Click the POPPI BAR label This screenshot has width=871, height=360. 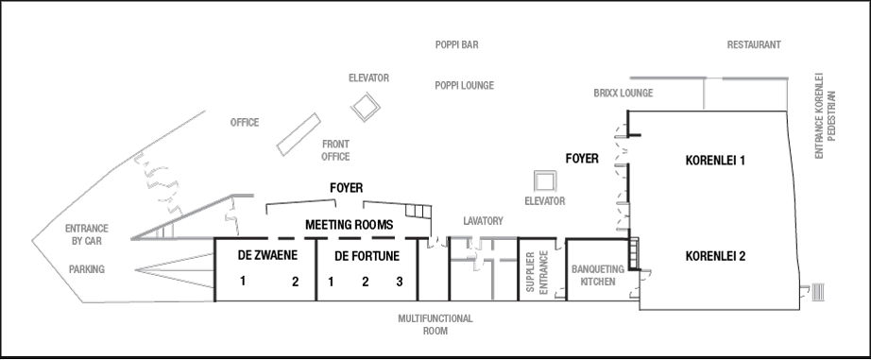pos(457,45)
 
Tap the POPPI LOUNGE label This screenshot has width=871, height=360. pos(464,86)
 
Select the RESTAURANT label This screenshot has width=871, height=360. pos(753,45)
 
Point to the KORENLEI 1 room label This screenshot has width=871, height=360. pos(715,161)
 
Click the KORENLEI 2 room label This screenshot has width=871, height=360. pos(715,256)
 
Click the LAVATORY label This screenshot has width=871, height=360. pos(483,221)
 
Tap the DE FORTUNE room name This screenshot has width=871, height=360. pos(367,256)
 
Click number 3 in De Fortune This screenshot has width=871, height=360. pos(399,282)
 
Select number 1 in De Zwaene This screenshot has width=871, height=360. pos(243,282)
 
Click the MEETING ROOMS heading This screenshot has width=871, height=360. pos(348,225)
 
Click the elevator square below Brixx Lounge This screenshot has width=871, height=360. pos(544,180)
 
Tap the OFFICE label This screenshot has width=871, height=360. pos(244,123)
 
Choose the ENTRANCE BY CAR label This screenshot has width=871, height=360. pos(86,234)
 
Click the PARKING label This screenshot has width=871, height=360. pos(86,269)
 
